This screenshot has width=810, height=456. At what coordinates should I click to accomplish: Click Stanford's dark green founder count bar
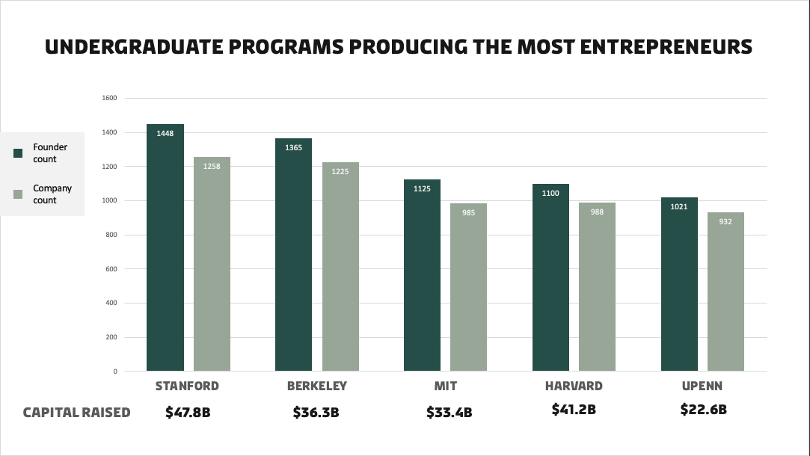pos(165,247)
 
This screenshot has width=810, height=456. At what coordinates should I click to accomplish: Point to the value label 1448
pos(165,134)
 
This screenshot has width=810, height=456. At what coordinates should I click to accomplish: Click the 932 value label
pos(725,222)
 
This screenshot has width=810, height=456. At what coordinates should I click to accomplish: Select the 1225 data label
pos(340,172)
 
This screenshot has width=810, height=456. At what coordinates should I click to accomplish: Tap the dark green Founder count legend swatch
pos(19,153)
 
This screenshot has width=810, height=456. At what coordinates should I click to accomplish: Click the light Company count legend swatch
pos(19,194)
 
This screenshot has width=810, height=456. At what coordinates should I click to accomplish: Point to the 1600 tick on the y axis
pos(109,98)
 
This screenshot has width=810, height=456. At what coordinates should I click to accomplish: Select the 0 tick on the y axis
pos(114,372)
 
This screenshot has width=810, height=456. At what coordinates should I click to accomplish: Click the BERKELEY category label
pos(316,386)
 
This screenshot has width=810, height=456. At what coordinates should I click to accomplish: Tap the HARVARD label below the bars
pos(574,386)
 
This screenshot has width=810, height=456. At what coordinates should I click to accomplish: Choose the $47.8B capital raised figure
pos(188,412)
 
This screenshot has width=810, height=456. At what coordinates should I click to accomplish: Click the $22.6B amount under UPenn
pos(703,409)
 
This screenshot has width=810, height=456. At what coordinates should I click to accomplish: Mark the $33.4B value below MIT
pos(449,413)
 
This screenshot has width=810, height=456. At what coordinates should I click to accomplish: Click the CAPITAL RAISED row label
pos(76,413)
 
